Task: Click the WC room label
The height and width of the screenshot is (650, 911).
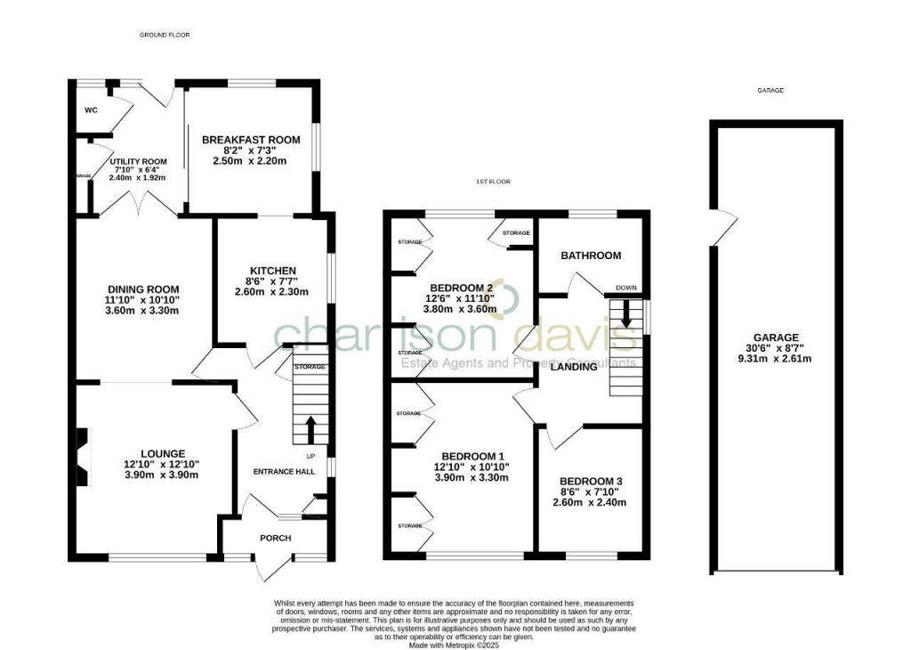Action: pyautogui.click(x=91, y=111)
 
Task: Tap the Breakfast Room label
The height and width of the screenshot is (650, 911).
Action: pyautogui.click(x=251, y=140)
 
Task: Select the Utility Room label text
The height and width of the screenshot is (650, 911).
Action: pyautogui.click(x=138, y=161)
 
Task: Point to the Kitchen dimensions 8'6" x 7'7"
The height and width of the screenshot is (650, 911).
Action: pyautogui.click(x=271, y=281)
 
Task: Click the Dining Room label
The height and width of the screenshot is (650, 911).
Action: pyautogui.click(x=143, y=289)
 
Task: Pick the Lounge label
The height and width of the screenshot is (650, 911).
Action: pyautogui.click(x=161, y=453)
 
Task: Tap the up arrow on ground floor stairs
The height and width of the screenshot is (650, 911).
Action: pyautogui.click(x=310, y=428)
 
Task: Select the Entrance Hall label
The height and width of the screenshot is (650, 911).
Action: pyautogui.click(x=284, y=471)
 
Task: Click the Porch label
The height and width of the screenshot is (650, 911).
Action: pyautogui.click(x=275, y=538)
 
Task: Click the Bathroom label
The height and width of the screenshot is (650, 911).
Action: pyautogui.click(x=590, y=256)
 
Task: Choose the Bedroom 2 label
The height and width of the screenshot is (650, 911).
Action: pyautogui.click(x=461, y=288)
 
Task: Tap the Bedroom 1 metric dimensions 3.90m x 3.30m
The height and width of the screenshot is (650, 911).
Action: pyautogui.click(x=471, y=477)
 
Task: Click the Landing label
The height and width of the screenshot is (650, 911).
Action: pyautogui.click(x=573, y=366)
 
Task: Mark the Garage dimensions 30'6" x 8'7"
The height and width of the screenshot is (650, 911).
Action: pyautogui.click(x=772, y=348)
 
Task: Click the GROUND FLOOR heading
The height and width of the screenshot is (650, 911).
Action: pyautogui.click(x=165, y=35)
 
